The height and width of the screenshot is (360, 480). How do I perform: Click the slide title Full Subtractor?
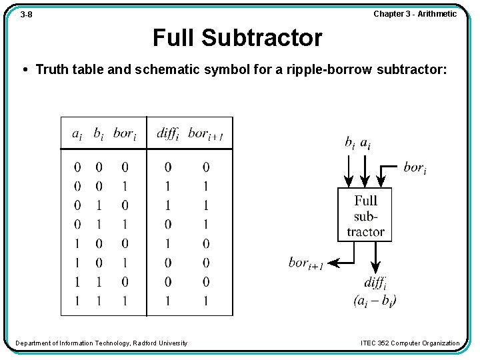(x=237, y=38)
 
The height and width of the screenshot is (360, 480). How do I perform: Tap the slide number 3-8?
(x=26, y=14)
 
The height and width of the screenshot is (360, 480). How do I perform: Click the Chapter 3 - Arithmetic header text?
(x=415, y=14)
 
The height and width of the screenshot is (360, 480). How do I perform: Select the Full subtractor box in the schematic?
(x=365, y=215)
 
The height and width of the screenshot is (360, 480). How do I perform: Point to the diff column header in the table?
(x=168, y=133)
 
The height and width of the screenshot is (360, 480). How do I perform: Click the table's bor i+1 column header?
(x=205, y=133)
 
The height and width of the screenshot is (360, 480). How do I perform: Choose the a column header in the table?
(x=77, y=133)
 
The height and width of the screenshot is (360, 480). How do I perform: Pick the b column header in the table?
(x=98, y=133)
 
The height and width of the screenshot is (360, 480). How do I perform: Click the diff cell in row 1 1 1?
(x=168, y=301)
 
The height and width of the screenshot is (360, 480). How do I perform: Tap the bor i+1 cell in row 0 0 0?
(x=206, y=167)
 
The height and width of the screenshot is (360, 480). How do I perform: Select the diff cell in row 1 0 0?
(x=168, y=243)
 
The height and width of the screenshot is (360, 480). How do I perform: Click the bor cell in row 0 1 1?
(x=125, y=225)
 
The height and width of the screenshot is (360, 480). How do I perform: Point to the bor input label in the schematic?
(x=415, y=167)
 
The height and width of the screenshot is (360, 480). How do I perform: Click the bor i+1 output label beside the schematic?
(x=306, y=263)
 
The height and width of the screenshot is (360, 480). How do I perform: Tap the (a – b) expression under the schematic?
(x=375, y=301)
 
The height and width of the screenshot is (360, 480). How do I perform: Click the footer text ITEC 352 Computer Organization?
(x=410, y=343)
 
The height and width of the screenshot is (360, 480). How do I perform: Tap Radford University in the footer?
(x=161, y=343)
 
